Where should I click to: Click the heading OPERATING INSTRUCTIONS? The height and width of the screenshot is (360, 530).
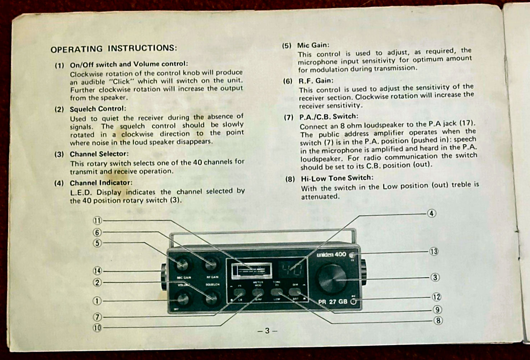[113, 48]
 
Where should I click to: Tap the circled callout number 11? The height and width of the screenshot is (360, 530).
[98, 220]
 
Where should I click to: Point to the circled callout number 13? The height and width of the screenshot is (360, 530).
[434, 251]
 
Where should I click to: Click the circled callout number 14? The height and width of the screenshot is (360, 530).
[98, 271]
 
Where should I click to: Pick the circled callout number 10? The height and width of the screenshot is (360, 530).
[98, 328]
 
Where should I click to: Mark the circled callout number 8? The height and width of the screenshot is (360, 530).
[438, 320]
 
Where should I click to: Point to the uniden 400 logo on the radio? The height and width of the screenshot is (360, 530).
[331, 255]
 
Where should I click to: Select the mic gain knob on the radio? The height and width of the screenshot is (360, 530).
[182, 265]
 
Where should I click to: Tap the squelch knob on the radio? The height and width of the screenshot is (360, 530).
[210, 297]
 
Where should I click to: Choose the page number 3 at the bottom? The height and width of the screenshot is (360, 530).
[267, 331]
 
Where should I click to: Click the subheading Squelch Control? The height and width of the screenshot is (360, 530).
[98, 109]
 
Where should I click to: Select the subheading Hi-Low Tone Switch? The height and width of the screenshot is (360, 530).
[337, 178]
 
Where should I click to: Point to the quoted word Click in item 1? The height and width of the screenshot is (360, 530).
[121, 81]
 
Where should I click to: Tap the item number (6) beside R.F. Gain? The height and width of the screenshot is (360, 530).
[288, 81]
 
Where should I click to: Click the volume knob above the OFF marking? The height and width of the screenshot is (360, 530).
[182, 298]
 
